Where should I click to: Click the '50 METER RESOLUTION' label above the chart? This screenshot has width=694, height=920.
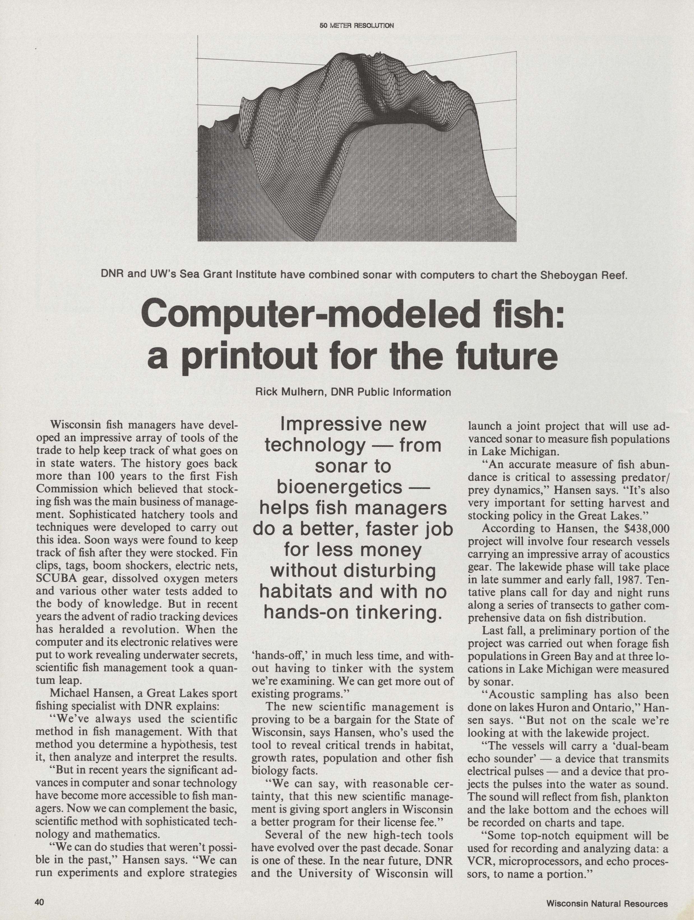tap(356, 25)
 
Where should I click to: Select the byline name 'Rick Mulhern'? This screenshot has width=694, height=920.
tap(290, 392)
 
